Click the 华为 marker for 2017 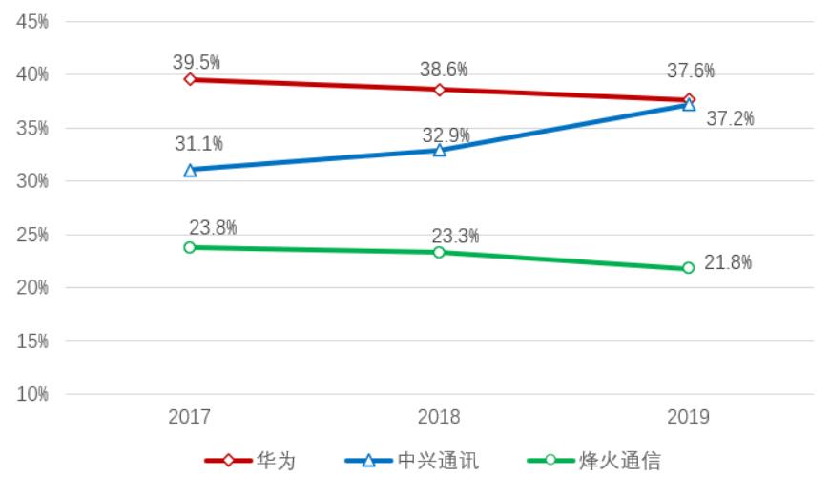click(190, 79)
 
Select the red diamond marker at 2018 click(439, 90)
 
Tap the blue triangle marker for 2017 click(190, 170)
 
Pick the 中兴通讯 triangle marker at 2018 click(439, 150)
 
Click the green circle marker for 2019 click(688, 268)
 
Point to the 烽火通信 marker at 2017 click(190, 247)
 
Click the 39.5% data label click(197, 62)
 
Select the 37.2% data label click(730, 118)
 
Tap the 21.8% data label click(728, 262)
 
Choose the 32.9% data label click(446, 135)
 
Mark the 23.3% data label click(455, 236)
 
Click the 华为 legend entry click(251, 462)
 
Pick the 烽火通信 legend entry click(593, 462)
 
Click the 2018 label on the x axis click(439, 417)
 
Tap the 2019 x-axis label click(688, 417)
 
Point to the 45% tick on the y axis click(32, 21)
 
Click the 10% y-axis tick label click(32, 394)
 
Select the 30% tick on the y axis click(32, 181)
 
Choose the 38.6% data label click(444, 70)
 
